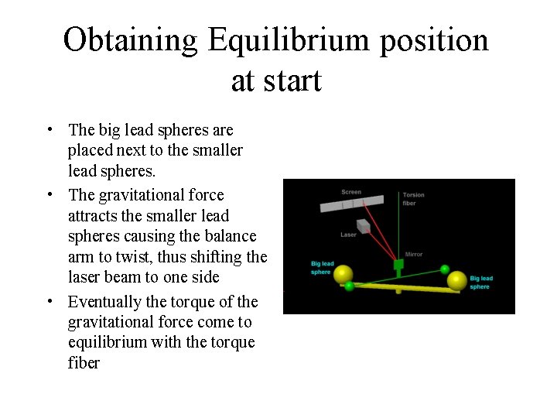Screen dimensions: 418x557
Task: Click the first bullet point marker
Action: [49, 129]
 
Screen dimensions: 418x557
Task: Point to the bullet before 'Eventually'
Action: [49, 301]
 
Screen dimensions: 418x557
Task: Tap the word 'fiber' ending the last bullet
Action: [84, 362]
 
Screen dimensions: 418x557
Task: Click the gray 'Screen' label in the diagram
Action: [351, 192]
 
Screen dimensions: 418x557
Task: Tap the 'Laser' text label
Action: [348, 235]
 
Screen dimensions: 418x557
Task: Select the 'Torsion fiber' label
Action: [410, 199]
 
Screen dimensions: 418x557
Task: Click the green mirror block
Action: [399, 265]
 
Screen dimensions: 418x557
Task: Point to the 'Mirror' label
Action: [414, 254]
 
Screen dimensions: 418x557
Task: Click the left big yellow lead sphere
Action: [343, 275]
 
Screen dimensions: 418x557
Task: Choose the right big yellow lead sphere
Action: [458, 280]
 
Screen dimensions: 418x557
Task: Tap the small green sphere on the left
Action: [350, 286]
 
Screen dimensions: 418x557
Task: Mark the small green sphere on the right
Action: [445, 269]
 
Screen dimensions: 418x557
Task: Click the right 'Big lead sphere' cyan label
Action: [480, 283]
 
